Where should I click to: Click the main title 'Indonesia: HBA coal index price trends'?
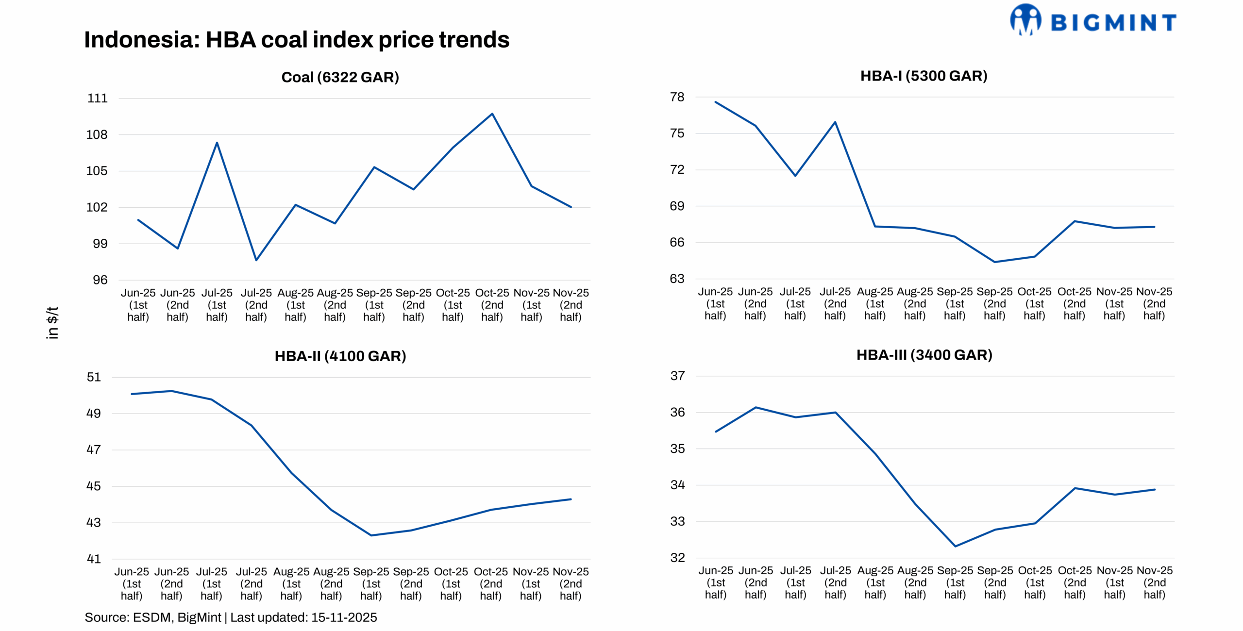(x=297, y=40)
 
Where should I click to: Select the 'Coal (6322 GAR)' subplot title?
(x=340, y=77)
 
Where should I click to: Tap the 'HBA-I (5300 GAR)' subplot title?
(x=924, y=76)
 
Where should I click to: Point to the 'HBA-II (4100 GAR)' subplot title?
(x=340, y=356)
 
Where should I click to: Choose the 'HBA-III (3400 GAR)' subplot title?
(x=924, y=355)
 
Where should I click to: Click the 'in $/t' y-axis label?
(x=52, y=322)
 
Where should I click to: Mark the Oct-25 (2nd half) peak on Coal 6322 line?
(x=492, y=114)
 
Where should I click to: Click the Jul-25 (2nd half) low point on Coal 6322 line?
(x=256, y=260)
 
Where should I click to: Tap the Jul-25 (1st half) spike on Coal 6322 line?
(x=217, y=143)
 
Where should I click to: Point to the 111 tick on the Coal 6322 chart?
(x=97, y=99)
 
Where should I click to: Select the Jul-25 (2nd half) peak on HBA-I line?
(x=835, y=122)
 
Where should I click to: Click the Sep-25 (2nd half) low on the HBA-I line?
(x=994, y=262)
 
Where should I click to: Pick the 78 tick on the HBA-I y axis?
(x=677, y=97)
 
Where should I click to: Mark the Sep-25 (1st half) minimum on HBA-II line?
(x=371, y=535)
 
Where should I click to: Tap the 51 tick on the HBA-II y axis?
(x=94, y=377)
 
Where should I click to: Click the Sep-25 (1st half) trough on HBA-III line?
(x=955, y=547)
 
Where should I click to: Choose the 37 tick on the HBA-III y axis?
(x=677, y=376)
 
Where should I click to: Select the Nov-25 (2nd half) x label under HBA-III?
(x=1154, y=582)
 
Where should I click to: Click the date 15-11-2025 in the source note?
(x=344, y=617)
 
